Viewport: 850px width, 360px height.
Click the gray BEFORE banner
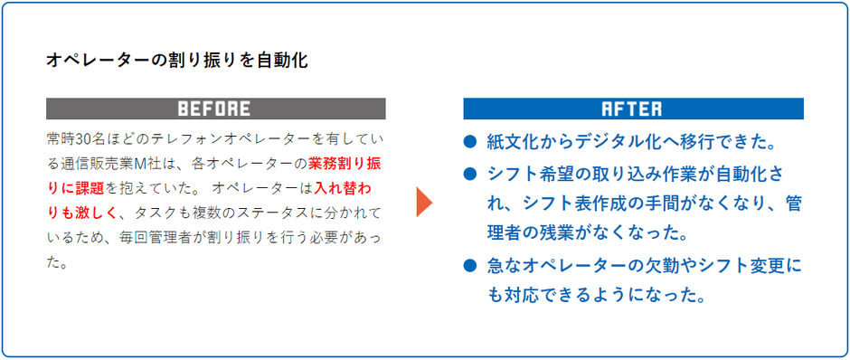point(215,109)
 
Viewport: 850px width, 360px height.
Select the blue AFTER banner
point(632,109)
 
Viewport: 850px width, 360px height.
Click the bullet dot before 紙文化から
point(469,142)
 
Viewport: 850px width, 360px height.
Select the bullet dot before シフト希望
point(469,173)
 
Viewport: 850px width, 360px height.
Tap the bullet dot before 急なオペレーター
point(469,266)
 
